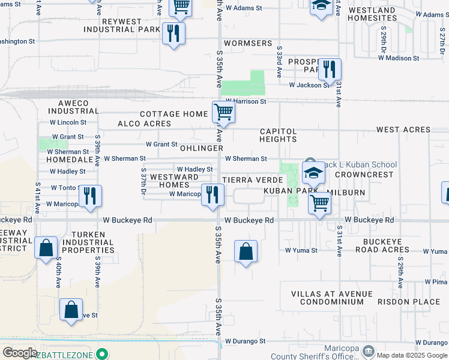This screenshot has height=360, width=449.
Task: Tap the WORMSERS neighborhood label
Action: click(247, 44)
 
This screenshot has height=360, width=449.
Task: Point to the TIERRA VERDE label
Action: click(252, 180)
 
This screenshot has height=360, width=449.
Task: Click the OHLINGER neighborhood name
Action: click(201, 148)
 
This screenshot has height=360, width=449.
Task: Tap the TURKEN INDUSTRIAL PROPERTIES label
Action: click(92, 242)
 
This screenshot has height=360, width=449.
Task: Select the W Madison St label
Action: click(399, 58)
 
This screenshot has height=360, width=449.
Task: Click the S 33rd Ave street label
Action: click(280, 60)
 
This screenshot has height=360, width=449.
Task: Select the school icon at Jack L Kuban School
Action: click(313, 173)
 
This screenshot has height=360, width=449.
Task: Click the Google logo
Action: click(19, 353)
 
